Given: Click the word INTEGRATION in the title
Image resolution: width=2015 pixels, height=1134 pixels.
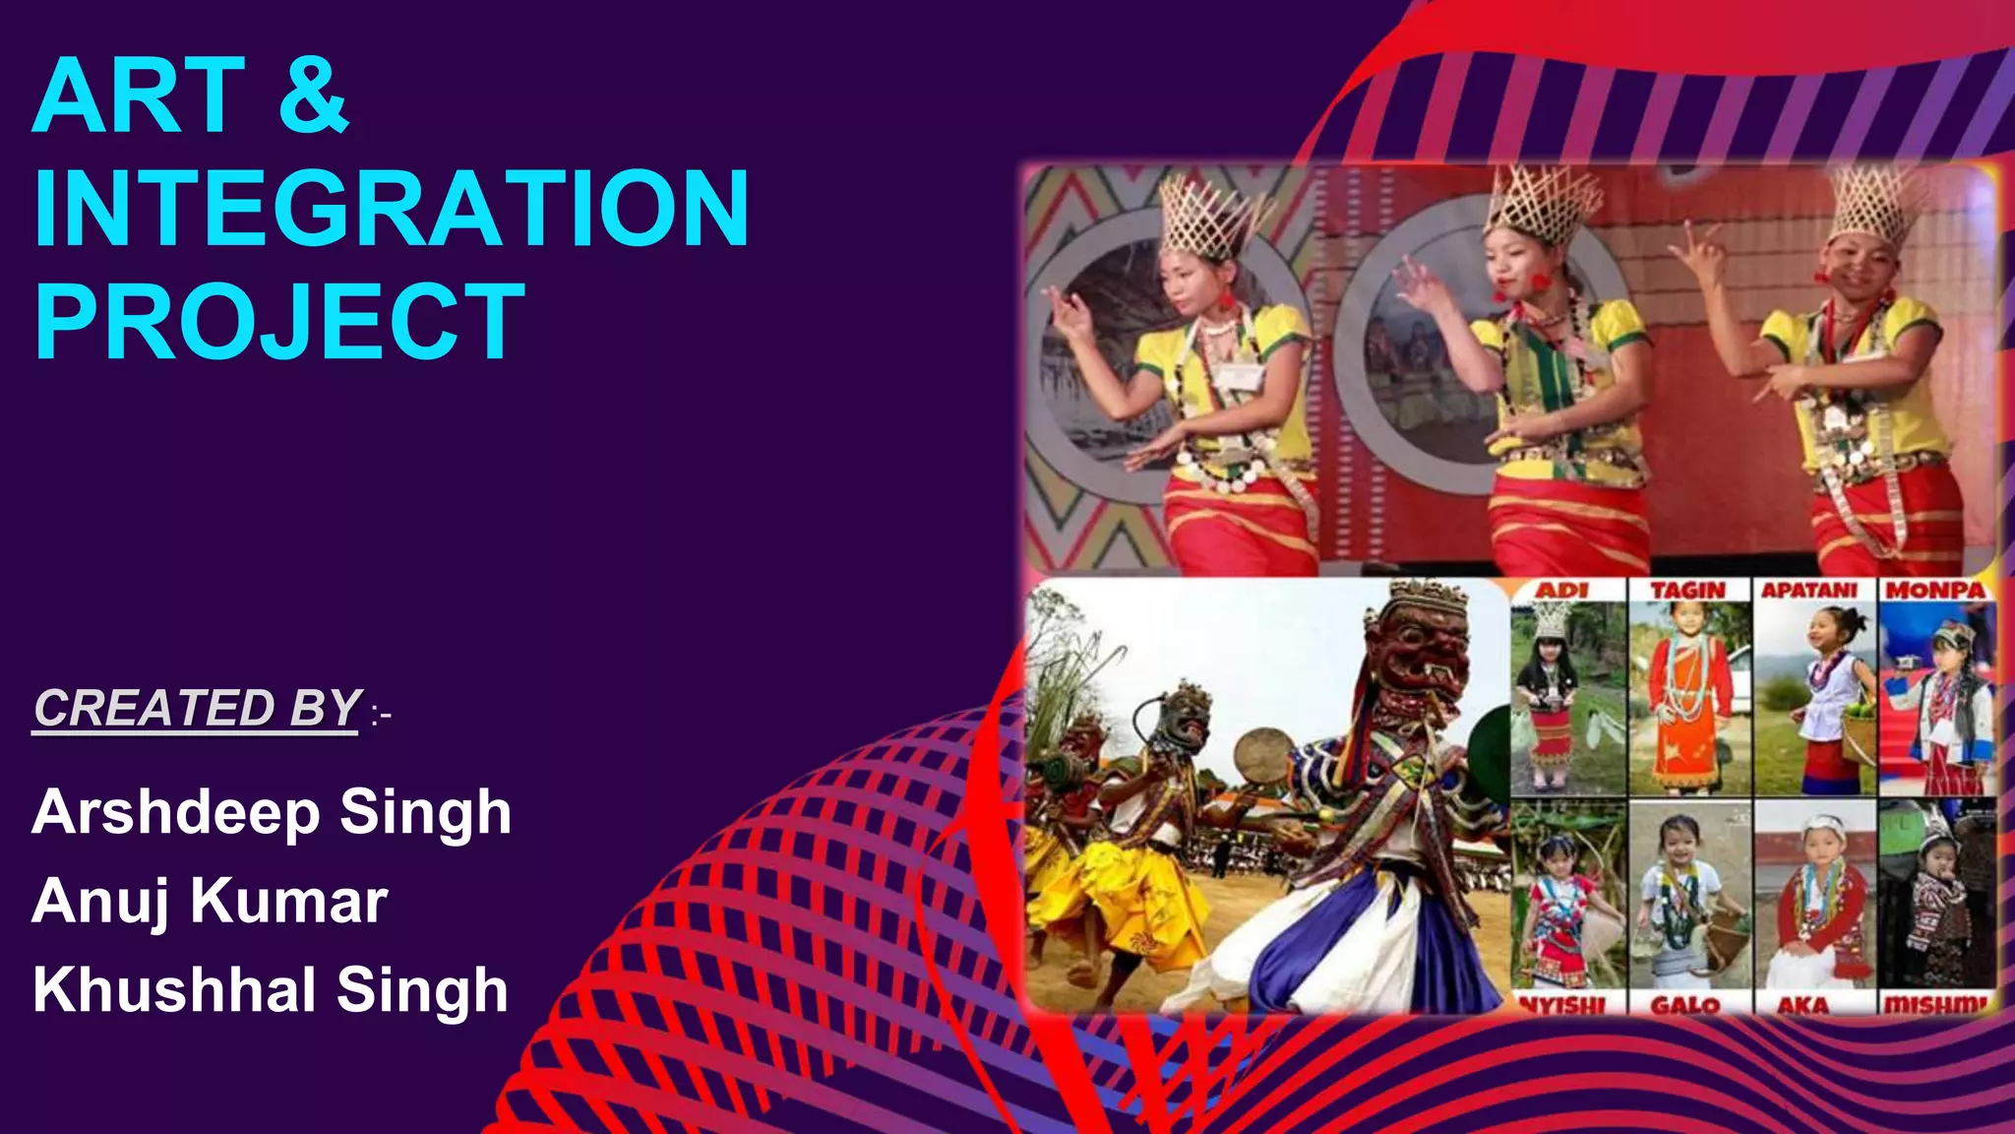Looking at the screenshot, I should click(392, 209).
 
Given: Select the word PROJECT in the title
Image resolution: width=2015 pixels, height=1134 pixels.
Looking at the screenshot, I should click(279, 322).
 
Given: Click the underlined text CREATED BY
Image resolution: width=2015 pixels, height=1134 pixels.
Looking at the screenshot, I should click(197, 708).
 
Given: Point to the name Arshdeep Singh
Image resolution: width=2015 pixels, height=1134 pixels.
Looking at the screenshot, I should click(272, 813).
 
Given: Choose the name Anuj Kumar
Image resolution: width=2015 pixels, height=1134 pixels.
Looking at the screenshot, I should click(210, 901).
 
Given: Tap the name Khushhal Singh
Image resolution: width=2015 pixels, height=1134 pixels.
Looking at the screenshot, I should click(271, 989).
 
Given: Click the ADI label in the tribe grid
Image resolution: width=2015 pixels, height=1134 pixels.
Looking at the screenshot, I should click(1562, 590).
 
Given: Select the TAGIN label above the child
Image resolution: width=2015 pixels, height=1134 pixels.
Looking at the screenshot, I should click(1687, 590).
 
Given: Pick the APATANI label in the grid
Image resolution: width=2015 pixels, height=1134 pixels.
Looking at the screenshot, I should click(1809, 590).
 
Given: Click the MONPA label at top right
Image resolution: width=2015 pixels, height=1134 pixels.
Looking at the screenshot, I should click(1935, 590).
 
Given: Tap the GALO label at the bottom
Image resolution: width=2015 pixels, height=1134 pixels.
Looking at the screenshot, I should click(1685, 1005).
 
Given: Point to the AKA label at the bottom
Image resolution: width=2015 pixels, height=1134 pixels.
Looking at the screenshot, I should click(1803, 1005).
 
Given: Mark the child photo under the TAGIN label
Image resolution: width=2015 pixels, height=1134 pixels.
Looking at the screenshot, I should click(1688, 699).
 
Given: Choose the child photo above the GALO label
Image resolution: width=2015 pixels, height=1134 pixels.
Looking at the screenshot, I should click(1688, 896).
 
